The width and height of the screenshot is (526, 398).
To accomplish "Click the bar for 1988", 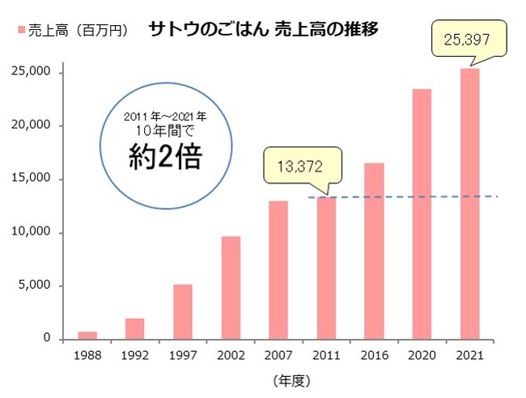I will coord(87,335).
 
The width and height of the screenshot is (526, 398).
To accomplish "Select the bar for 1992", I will coord(135,328).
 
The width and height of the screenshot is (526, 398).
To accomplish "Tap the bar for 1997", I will coord(183,311).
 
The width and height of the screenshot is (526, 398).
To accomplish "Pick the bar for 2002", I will coord(231,287).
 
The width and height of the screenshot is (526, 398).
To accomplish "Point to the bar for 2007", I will coord(278,269).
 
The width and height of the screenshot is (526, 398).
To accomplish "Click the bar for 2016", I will coord(374,251).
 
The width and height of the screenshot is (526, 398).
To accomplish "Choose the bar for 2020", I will coord(422,214).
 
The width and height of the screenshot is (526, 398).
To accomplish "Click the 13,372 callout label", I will coord(300,167).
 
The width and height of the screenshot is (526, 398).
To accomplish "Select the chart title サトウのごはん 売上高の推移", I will coord(264,29).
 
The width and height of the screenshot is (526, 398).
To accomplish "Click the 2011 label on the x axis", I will coord(325,354).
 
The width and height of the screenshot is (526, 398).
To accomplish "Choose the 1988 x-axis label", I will coord(87,354).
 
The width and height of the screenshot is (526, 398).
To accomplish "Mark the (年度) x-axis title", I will coord(291,379).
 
